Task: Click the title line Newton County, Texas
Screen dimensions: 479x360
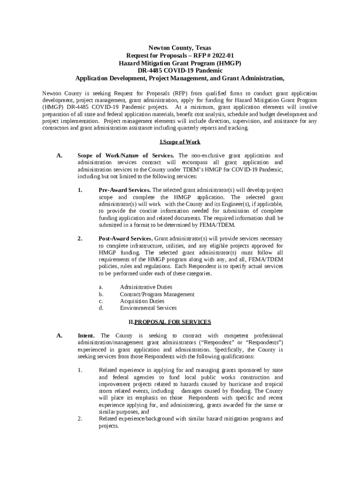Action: tap(180, 48)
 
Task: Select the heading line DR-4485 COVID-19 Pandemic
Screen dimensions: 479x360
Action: tap(180, 70)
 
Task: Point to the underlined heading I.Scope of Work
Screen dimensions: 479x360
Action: tap(180, 142)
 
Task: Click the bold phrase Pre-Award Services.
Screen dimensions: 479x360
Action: tap(124, 190)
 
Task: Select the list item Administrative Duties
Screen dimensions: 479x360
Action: tap(146, 287)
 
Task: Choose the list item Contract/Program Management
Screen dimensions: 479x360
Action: tap(157, 294)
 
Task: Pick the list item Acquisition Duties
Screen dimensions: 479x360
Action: tap(142, 301)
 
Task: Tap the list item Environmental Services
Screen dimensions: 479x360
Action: tap(148, 308)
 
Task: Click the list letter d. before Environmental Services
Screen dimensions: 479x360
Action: tap(101, 308)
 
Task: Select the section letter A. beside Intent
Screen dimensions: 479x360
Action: tap(59, 336)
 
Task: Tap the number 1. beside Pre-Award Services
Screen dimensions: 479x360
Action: tap(80, 190)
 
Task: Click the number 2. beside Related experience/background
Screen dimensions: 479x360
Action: tap(80, 419)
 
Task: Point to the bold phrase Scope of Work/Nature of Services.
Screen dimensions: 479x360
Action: tap(126, 156)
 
